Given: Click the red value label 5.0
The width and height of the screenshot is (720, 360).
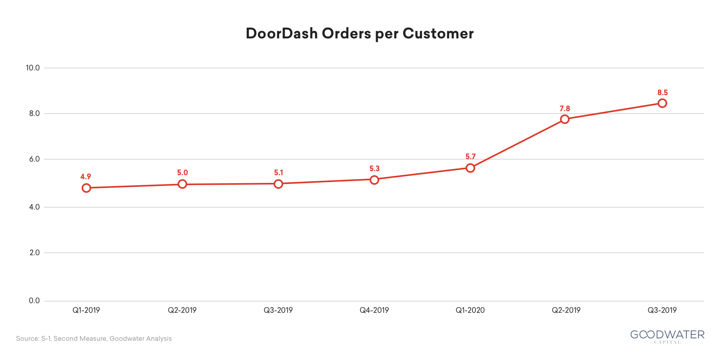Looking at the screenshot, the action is pos(182,173).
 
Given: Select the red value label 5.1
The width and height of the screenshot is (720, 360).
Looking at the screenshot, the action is pos(278,173).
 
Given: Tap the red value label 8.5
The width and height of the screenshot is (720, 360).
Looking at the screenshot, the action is pos(663,93).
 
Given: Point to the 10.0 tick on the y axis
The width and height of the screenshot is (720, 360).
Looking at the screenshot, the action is pos(33,68).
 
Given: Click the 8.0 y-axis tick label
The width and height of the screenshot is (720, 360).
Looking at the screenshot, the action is pos(35,114).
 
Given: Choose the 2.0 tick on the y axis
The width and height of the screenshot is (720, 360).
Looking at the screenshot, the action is pos(35,253).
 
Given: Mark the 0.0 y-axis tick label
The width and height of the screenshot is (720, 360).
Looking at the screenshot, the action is pos(35,301).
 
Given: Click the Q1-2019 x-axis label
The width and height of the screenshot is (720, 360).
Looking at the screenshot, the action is pos(86,310).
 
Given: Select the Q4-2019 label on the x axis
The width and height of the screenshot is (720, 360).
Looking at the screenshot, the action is pos(374,310).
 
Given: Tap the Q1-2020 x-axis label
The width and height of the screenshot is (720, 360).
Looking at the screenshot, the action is pos(470,310).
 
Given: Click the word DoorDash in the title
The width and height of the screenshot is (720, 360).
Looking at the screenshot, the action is pos(282,34).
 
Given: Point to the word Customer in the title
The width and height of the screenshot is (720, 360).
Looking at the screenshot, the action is pos(438,34).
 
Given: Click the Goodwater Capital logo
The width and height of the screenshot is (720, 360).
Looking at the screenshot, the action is pos(668,336).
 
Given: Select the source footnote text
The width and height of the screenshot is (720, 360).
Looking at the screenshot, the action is pos(94,339).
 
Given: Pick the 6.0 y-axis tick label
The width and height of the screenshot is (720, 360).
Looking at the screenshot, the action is pos(35,159).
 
